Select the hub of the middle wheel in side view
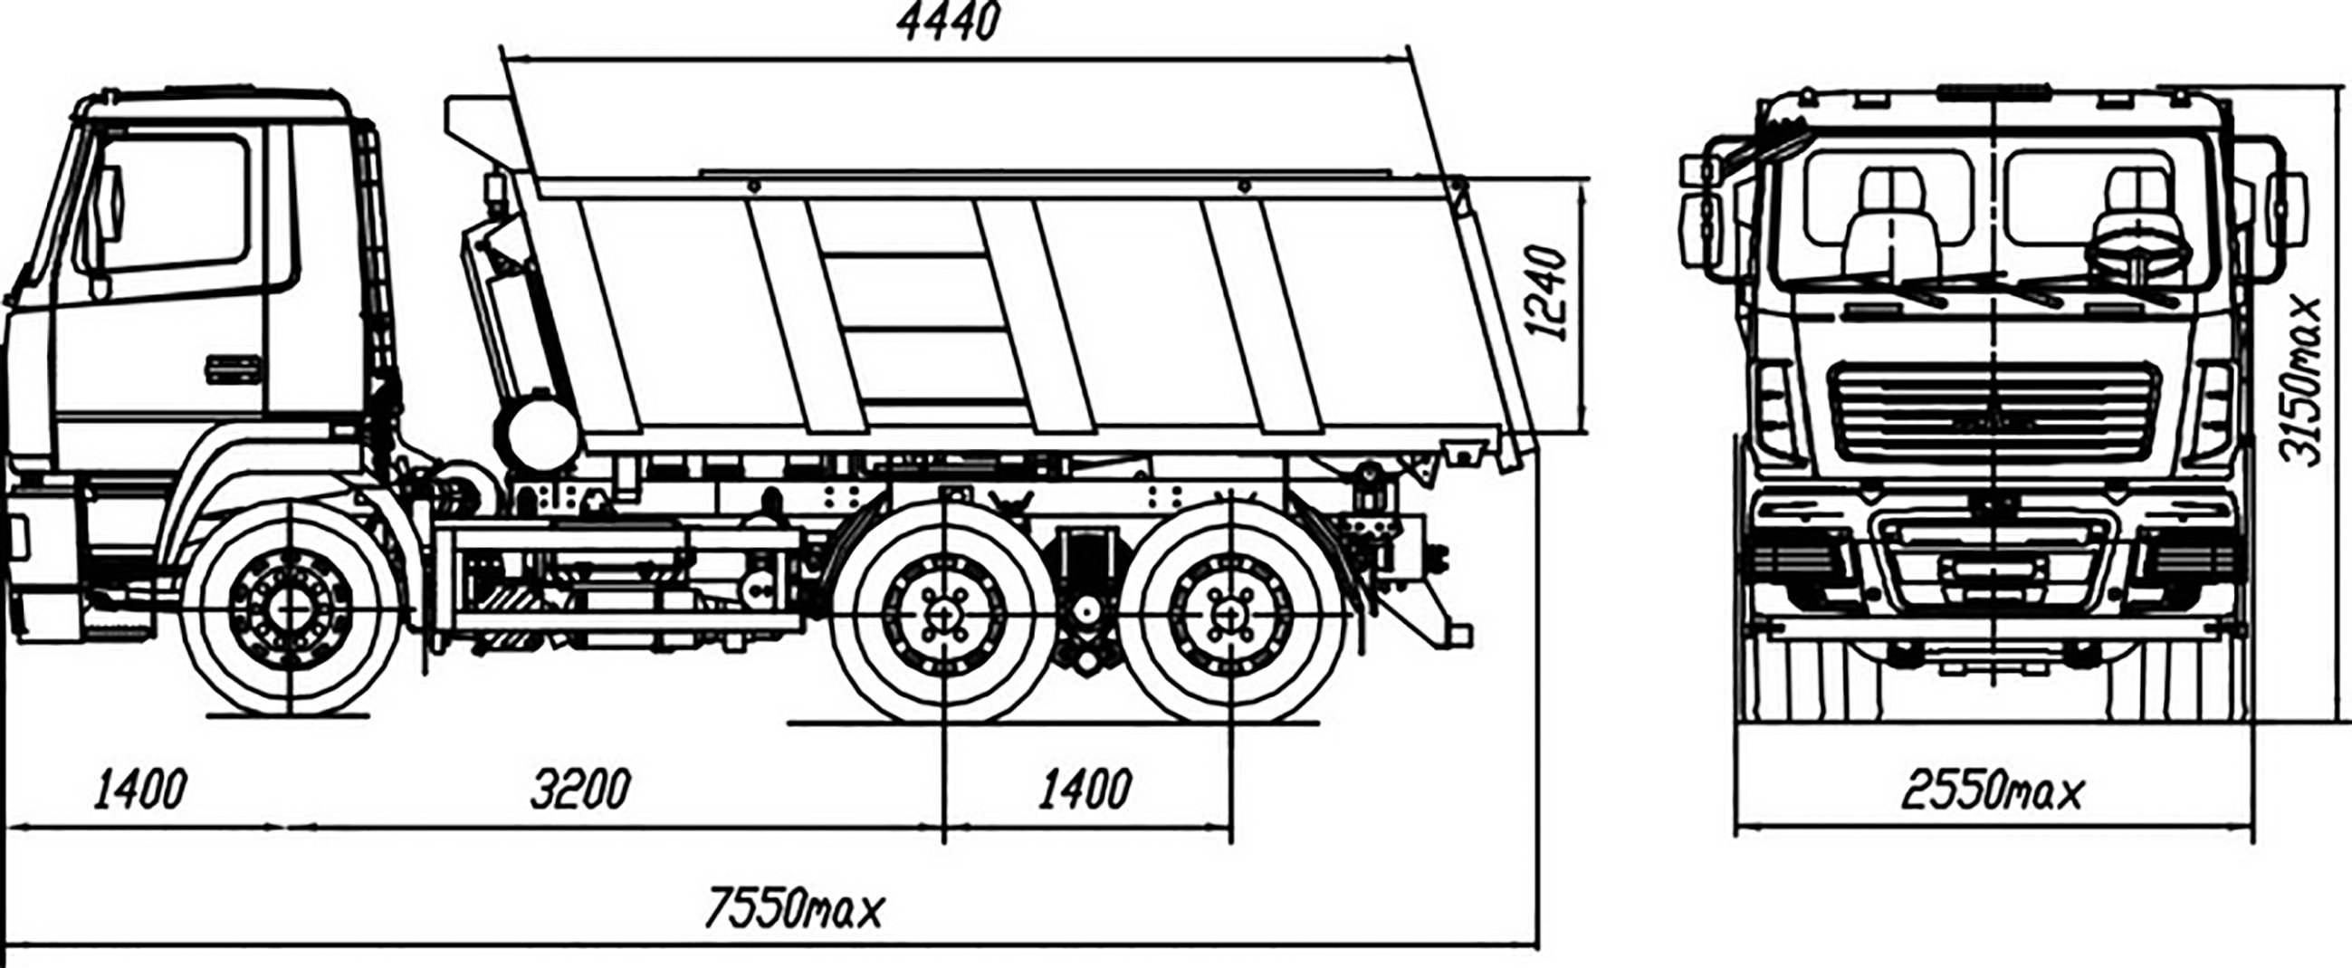click(x=945, y=613)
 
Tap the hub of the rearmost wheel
click(x=1229, y=613)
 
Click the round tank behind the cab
click(x=541, y=428)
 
